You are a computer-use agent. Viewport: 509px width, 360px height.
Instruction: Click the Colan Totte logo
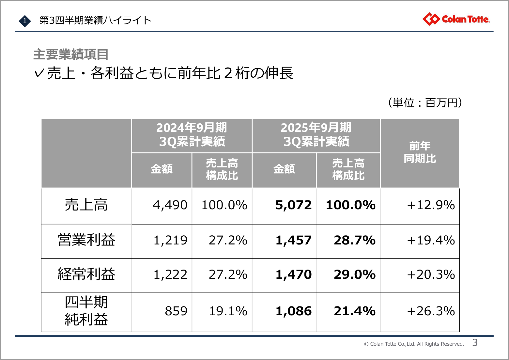[x=456, y=19]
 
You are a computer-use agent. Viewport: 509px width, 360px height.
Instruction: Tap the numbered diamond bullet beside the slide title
[x=24, y=21]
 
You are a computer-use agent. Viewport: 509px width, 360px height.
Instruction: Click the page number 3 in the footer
[x=475, y=343]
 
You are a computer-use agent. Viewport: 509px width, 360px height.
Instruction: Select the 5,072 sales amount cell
[x=293, y=205]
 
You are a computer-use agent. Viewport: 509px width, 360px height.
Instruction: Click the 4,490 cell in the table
[x=170, y=205]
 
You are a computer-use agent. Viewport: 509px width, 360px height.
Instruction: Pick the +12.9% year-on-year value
[x=431, y=205]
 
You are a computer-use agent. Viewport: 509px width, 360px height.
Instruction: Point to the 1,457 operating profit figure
[x=293, y=241]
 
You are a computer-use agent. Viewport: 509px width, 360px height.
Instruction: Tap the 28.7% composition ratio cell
[x=354, y=241]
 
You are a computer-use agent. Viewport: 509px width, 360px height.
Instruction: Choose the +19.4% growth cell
[x=431, y=241]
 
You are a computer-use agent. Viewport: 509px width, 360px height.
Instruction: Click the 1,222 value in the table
[x=170, y=275]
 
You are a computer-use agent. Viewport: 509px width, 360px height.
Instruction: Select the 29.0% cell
[x=354, y=275]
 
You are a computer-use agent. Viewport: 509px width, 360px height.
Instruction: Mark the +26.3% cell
[x=431, y=311]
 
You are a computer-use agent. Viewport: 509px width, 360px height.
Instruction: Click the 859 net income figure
[x=176, y=311]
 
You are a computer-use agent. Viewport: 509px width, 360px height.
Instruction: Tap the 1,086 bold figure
[x=293, y=311]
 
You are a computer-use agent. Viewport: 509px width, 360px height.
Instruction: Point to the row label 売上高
[x=86, y=205]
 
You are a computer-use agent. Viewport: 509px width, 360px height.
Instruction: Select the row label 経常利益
[x=86, y=274]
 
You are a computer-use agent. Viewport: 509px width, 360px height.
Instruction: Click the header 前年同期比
[x=420, y=152]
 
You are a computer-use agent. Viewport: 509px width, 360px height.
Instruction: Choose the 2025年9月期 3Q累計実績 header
[x=316, y=134]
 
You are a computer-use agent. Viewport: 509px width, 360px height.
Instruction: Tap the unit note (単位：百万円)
[x=425, y=103]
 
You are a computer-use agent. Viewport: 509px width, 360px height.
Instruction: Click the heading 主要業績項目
[x=70, y=55]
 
